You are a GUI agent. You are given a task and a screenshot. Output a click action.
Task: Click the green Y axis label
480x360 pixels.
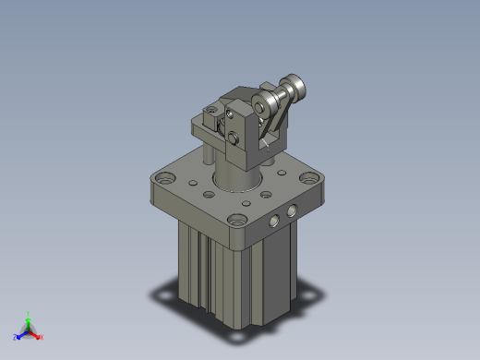click(x=29, y=313)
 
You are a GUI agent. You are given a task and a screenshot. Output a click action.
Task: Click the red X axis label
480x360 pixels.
click(x=42, y=337)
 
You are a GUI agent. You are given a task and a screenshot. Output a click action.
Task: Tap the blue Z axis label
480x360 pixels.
click(x=16, y=337)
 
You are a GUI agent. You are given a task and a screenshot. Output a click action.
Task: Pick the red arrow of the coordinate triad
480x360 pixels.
click(x=36, y=333)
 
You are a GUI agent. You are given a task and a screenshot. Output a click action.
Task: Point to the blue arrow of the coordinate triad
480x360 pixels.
click(x=21, y=333)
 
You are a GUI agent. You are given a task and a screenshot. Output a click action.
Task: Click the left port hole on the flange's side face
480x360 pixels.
click(x=274, y=222)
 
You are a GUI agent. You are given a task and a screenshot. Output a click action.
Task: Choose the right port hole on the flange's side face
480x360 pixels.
click(x=293, y=211)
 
